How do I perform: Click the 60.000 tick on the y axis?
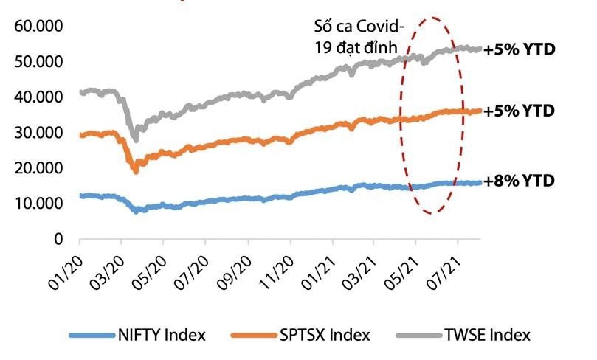[x=38, y=27]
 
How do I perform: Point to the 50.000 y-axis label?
[x=38, y=63]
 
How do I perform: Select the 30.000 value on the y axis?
[x=38, y=134]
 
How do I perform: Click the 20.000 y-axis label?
[x=38, y=169]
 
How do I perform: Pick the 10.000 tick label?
[x=38, y=204]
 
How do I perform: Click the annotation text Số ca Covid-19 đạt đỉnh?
[x=357, y=38]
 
